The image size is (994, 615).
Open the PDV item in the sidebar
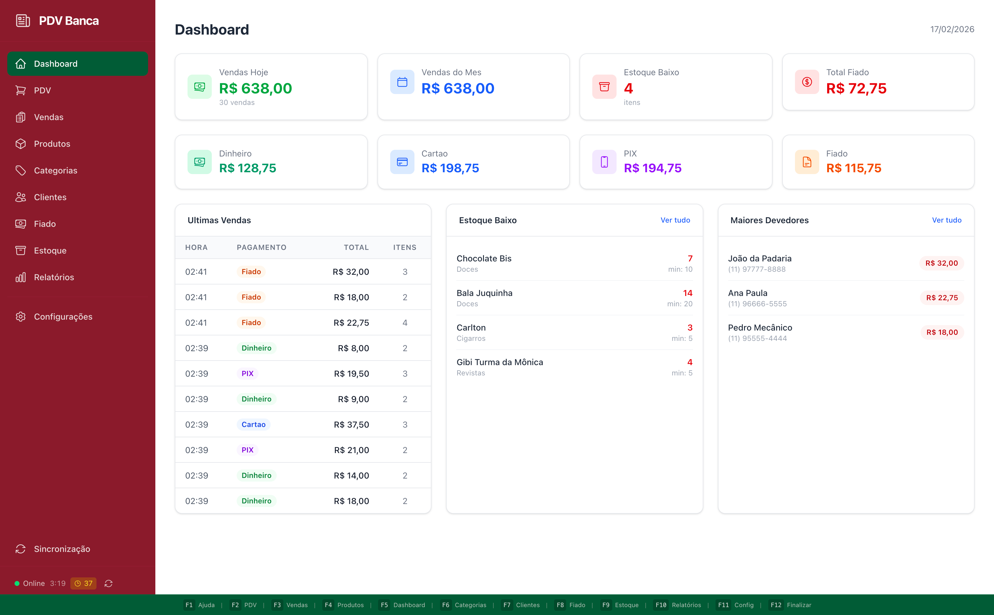click(42, 90)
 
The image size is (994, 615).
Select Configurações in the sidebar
click(63, 317)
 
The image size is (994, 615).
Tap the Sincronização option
click(62, 549)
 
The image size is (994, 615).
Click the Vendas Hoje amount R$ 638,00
click(255, 88)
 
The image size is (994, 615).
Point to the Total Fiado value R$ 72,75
click(856, 88)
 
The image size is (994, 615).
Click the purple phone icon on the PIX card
click(604, 162)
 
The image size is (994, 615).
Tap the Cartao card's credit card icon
click(402, 162)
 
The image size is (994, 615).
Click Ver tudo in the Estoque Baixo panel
click(675, 220)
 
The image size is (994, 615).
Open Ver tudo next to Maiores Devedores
click(946, 220)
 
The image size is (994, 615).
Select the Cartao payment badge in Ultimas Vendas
click(253, 424)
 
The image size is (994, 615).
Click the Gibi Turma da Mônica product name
click(500, 362)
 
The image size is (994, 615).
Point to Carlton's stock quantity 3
click(690, 328)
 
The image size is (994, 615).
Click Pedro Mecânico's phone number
click(757, 338)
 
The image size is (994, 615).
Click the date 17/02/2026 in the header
click(952, 29)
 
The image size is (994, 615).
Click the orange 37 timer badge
click(83, 583)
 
